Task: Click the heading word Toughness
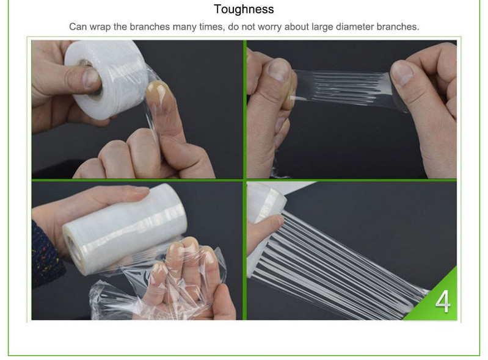click(244, 9)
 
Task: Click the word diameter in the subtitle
click(354, 27)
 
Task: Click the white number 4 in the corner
click(443, 301)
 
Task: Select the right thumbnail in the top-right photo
click(401, 73)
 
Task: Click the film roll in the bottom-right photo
click(265, 202)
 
